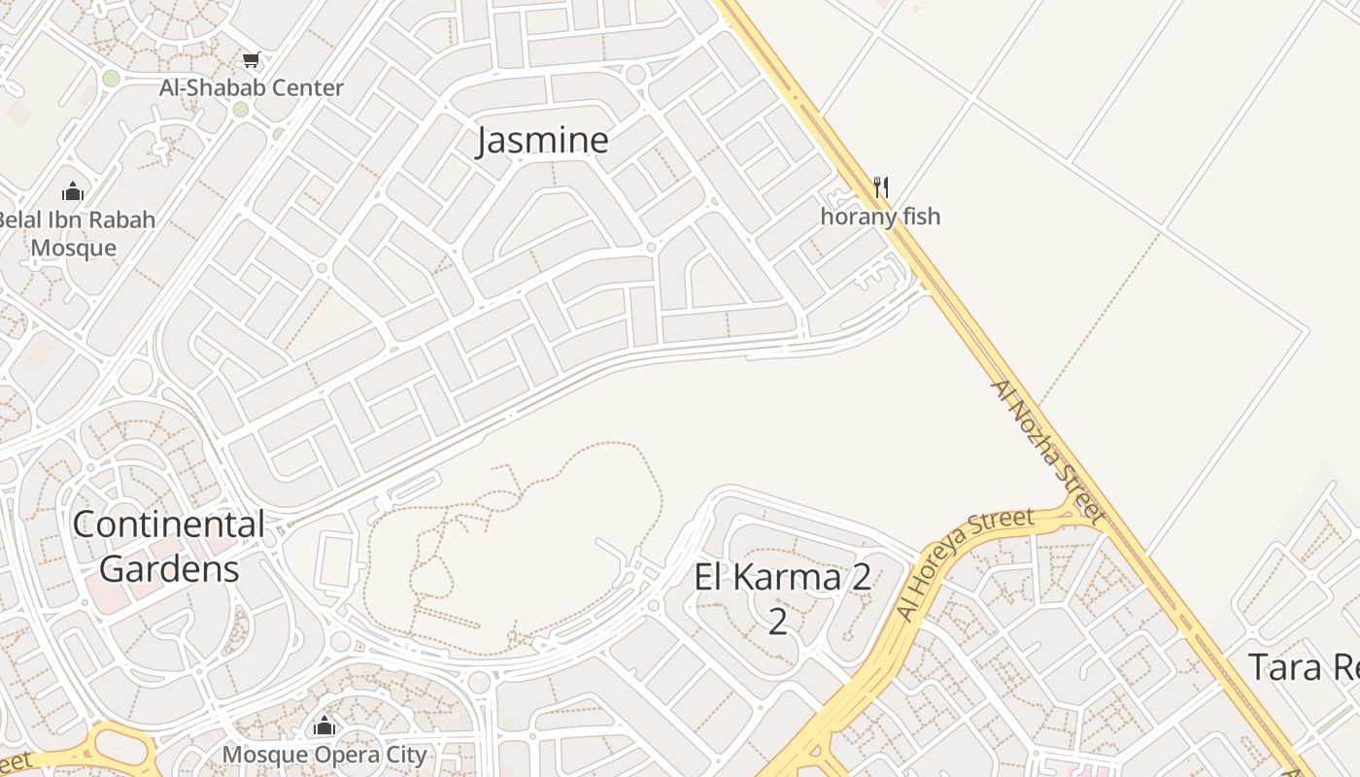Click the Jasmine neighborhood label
coord(542,141)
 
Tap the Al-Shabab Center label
coord(252,87)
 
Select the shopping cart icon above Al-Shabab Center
coord(252,60)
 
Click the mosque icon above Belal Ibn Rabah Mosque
coord(73,190)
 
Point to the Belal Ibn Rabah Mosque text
coord(74,233)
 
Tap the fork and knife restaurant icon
coord(880,186)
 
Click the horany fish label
coord(880,216)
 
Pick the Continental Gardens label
coord(169,546)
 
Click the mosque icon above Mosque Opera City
coord(324,726)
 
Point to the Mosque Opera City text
coord(324,755)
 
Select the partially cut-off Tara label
coord(1302,667)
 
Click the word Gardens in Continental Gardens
coord(169,568)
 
